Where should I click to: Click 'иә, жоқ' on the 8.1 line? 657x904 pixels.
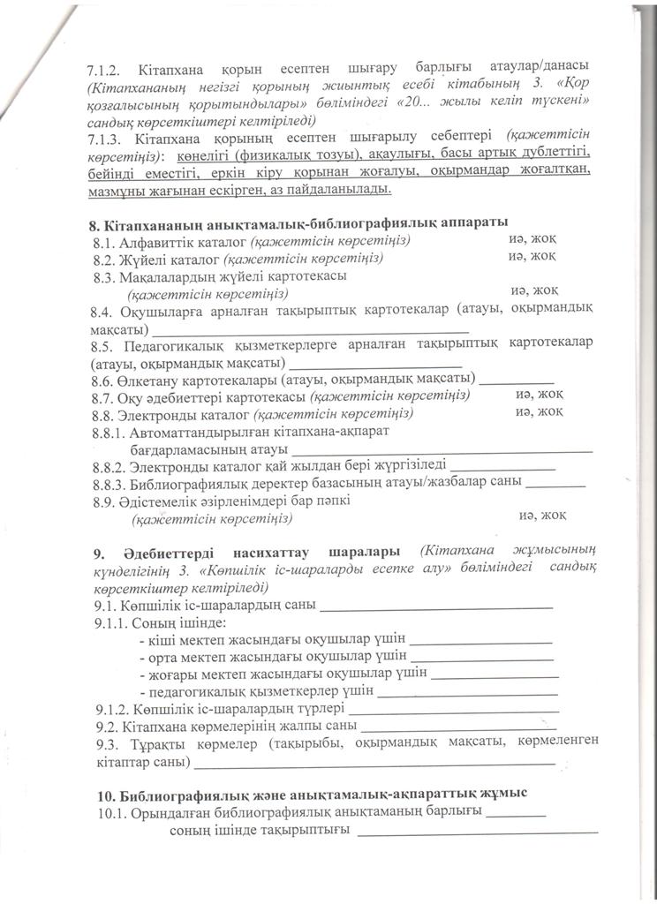coord(532,238)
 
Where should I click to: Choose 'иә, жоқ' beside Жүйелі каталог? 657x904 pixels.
coord(532,256)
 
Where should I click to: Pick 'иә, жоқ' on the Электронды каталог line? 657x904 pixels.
coord(540,412)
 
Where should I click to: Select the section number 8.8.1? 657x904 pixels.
coord(109,433)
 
